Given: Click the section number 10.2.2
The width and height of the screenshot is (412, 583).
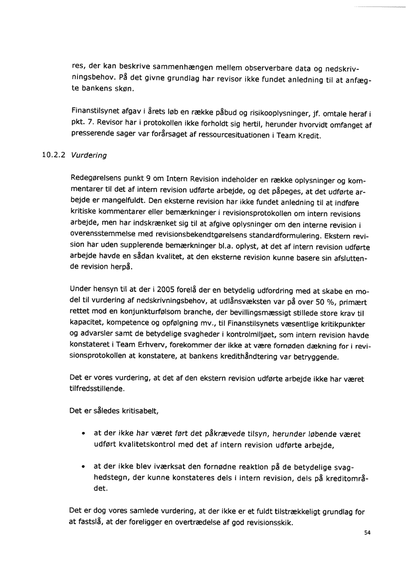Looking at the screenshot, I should click(50, 155).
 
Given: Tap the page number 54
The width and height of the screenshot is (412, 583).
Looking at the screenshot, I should click(368, 532).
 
